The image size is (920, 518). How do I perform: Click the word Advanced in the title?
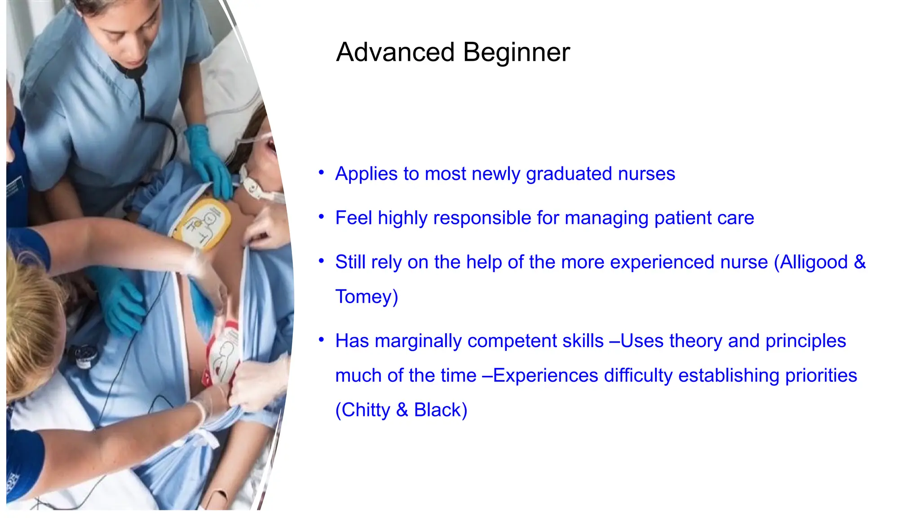point(395,52)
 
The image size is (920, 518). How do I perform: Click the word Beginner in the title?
point(516,52)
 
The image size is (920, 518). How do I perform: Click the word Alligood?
point(814,262)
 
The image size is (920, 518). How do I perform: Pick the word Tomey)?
point(367,297)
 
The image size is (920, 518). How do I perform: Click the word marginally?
point(418,341)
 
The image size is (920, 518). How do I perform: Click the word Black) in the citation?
point(440,410)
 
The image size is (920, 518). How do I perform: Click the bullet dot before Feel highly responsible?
point(321,217)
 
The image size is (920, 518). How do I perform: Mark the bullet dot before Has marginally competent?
point(321,340)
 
